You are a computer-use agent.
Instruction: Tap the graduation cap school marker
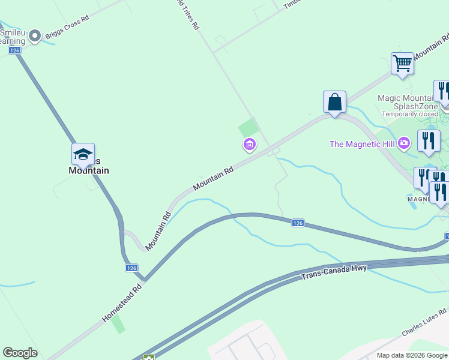83,155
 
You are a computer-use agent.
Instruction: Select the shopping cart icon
402,62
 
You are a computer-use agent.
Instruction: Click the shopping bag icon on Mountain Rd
334,101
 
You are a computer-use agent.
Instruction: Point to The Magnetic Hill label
364,144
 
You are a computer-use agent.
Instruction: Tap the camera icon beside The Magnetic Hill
405,143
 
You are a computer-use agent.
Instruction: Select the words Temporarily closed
411,114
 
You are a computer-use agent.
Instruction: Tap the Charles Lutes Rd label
424,323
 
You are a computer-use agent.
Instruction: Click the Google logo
20,353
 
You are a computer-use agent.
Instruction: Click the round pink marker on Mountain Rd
249,145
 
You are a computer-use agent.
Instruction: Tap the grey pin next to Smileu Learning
35,36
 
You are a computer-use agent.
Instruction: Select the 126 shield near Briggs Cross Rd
15,50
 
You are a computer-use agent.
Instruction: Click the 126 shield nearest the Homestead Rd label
132,268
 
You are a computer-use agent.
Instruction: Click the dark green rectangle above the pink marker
248,128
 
